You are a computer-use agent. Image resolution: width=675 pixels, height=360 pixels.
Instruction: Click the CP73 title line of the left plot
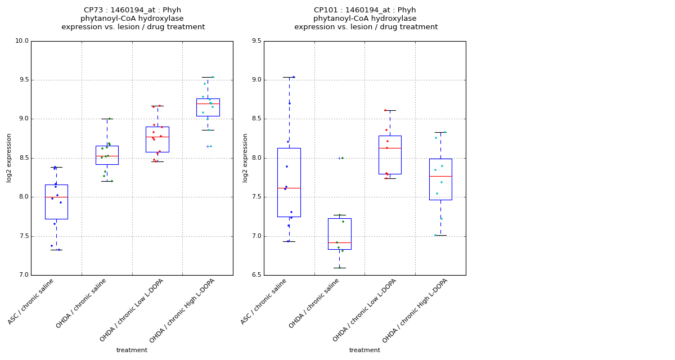[x=133, y=10]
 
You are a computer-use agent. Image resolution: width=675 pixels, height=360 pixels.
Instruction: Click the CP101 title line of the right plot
[x=365, y=10]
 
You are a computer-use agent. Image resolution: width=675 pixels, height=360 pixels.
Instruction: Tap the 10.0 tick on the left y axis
[x=21, y=41]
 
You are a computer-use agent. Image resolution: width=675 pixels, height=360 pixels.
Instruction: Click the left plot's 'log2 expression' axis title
[x=9, y=158]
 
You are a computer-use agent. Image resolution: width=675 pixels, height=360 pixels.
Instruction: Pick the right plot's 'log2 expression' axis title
[x=245, y=158]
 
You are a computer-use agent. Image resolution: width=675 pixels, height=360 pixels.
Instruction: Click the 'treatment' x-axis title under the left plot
[x=132, y=350]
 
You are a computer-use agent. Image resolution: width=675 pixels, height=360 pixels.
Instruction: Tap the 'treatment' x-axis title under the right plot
[x=364, y=350]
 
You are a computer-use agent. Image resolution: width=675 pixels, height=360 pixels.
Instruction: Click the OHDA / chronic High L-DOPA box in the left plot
[x=208, y=107]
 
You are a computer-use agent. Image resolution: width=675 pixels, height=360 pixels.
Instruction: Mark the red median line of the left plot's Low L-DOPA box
[x=157, y=137]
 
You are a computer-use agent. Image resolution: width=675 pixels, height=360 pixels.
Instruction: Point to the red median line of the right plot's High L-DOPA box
[x=440, y=176]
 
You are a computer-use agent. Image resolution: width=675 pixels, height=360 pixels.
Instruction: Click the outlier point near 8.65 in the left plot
[x=208, y=146]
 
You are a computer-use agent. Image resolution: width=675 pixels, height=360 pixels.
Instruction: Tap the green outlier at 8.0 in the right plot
[x=340, y=158]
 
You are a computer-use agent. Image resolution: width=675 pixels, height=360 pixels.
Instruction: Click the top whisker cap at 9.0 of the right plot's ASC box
[x=289, y=77]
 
